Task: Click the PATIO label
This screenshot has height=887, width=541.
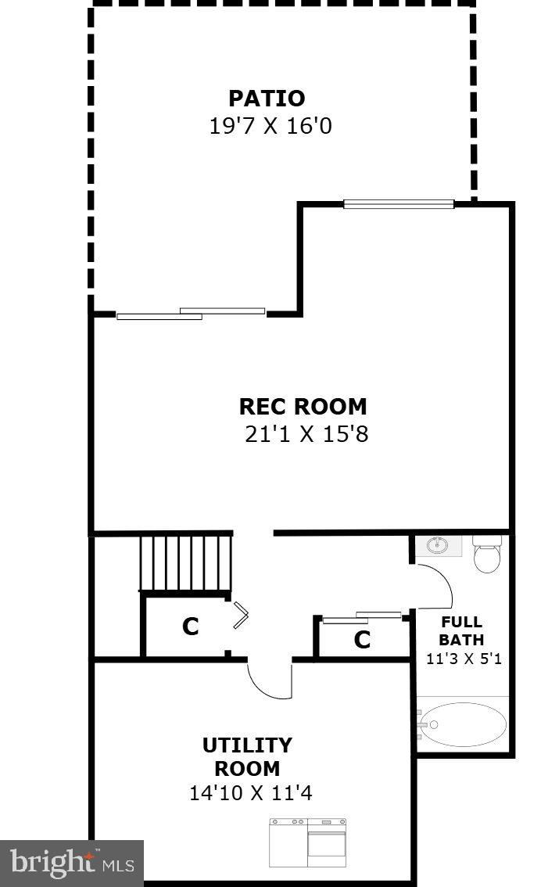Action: [x=266, y=99]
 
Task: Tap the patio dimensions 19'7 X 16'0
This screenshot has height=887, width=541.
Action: [x=270, y=126]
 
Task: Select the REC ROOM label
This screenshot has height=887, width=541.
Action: [x=303, y=407]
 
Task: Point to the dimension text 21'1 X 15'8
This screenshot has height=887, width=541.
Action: [x=306, y=434]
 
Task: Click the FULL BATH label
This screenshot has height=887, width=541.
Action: [x=461, y=631]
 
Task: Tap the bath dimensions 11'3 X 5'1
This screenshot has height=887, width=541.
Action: [x=464, y=659]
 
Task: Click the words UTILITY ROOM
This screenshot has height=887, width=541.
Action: [x=247, y=756]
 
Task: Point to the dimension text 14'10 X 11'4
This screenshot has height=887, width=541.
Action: [x=250, y=793]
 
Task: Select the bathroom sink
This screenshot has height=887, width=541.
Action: [x=438, y=546]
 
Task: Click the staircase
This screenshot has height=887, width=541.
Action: [x=186, y=562]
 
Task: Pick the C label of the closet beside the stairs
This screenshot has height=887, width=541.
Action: [x=190, y=627]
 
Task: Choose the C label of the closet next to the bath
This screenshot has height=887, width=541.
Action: [x=361, y=641]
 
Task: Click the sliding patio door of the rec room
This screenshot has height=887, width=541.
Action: [x=191, y=314]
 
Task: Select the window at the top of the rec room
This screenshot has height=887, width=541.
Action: [x=399, y=204]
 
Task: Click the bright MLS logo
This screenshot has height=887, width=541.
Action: [x=72, y=864]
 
